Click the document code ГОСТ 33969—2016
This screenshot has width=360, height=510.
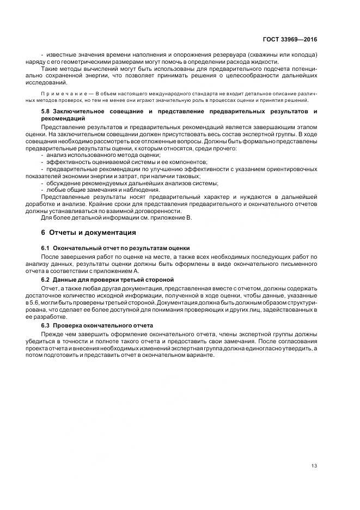[x=290, y=39]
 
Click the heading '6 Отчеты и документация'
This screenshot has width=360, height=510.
[x=88, y=232]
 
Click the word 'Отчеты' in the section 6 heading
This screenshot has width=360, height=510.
[x=62, y=232]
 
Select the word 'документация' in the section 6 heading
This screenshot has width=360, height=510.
[x=111, y=232]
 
